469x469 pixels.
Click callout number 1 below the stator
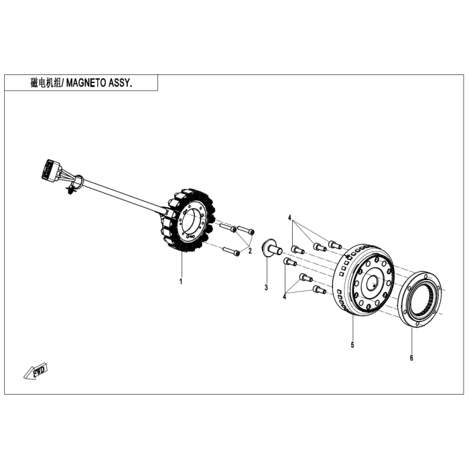coord(180,281)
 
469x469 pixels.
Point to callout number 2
coord(249,251)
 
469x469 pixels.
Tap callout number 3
coord(266,287)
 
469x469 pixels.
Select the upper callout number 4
coord(290,218)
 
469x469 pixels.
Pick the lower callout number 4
coord(284,295)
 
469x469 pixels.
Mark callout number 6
coord(411,357)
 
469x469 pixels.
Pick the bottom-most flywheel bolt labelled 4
coord(320,290)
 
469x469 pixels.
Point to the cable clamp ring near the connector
coord(78,179)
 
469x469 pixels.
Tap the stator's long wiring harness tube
coord(121,195)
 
